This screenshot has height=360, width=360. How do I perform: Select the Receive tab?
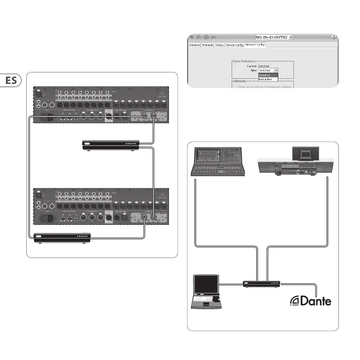(194, 44)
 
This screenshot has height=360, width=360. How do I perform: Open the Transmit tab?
(207, 44)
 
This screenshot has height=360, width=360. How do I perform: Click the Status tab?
(219, 44)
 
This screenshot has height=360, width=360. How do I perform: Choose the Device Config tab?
(234, 44)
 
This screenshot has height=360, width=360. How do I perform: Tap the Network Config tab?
(255, 44)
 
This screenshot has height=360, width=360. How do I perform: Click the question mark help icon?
(334, 37)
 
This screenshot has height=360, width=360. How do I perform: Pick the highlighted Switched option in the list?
(268, 75)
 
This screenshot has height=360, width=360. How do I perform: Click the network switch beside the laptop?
(262, 283)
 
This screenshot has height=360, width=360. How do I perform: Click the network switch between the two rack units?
(111, 145)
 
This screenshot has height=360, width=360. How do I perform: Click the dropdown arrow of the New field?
(276, 70)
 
